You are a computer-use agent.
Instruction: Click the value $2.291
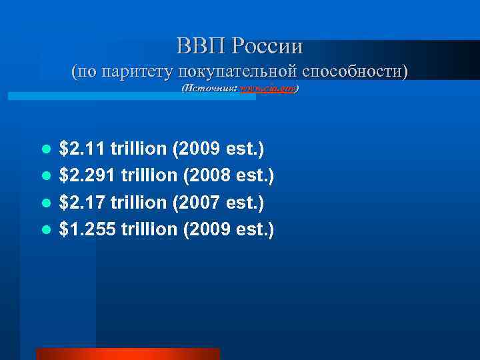87,175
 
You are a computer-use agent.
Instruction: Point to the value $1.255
87,229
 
